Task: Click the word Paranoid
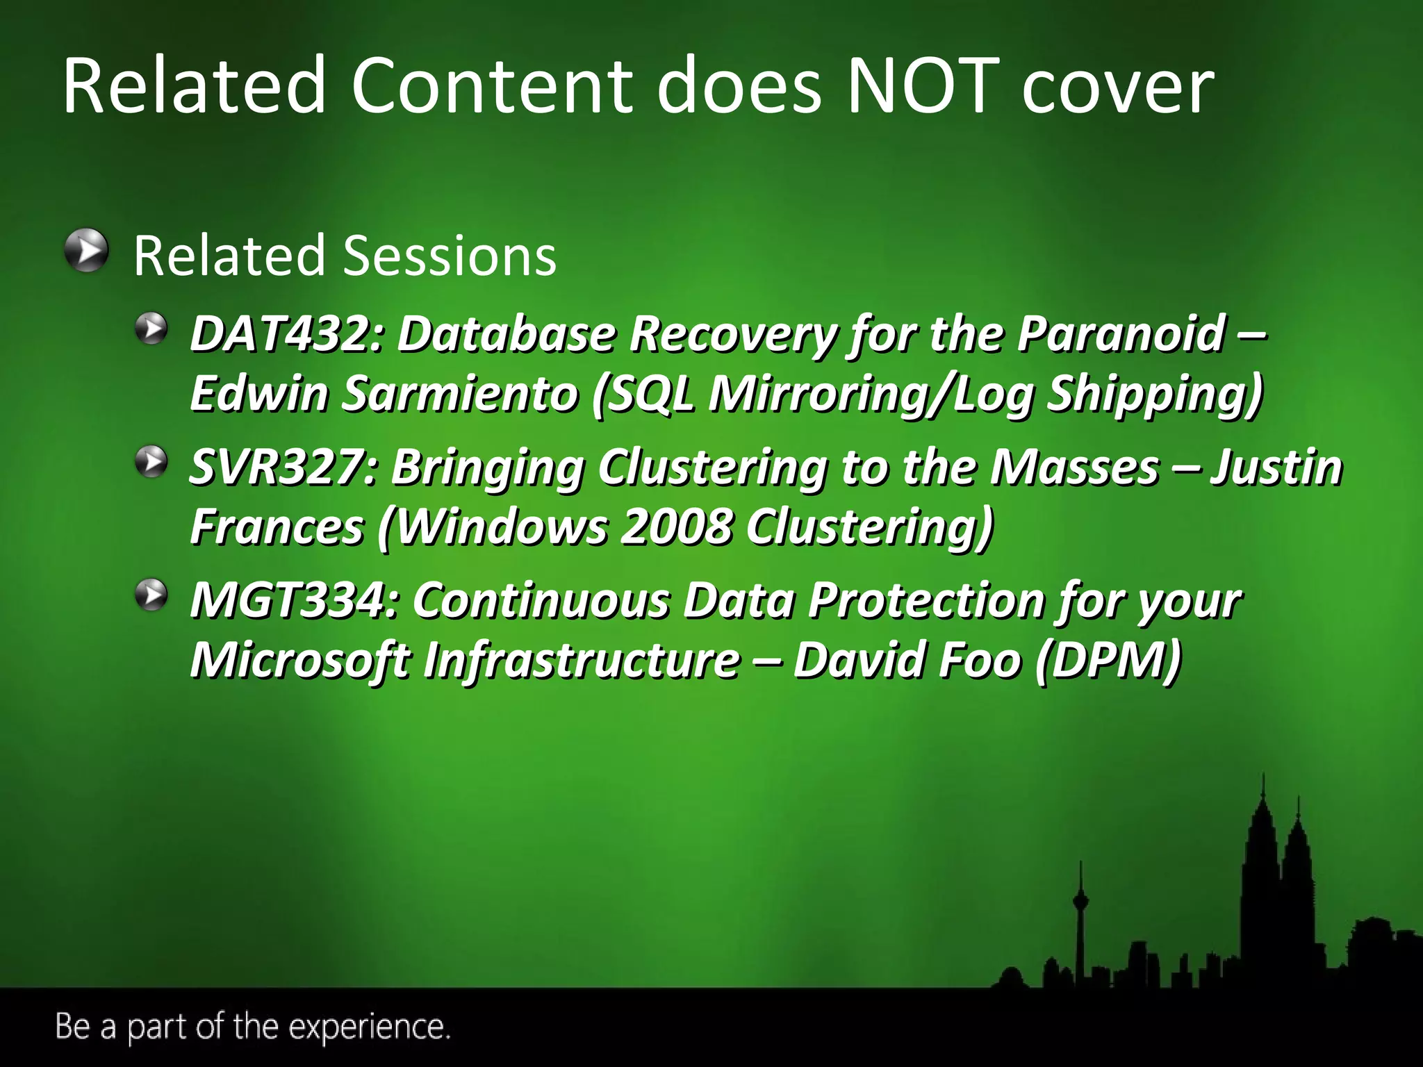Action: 1121,334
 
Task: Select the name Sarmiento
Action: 459,394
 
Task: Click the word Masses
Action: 1074,467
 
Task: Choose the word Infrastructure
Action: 582,660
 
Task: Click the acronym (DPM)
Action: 1108,660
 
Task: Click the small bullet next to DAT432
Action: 151,328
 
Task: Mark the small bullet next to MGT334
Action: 151,595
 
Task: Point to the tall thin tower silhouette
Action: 1081,924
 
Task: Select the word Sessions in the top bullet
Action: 450,256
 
